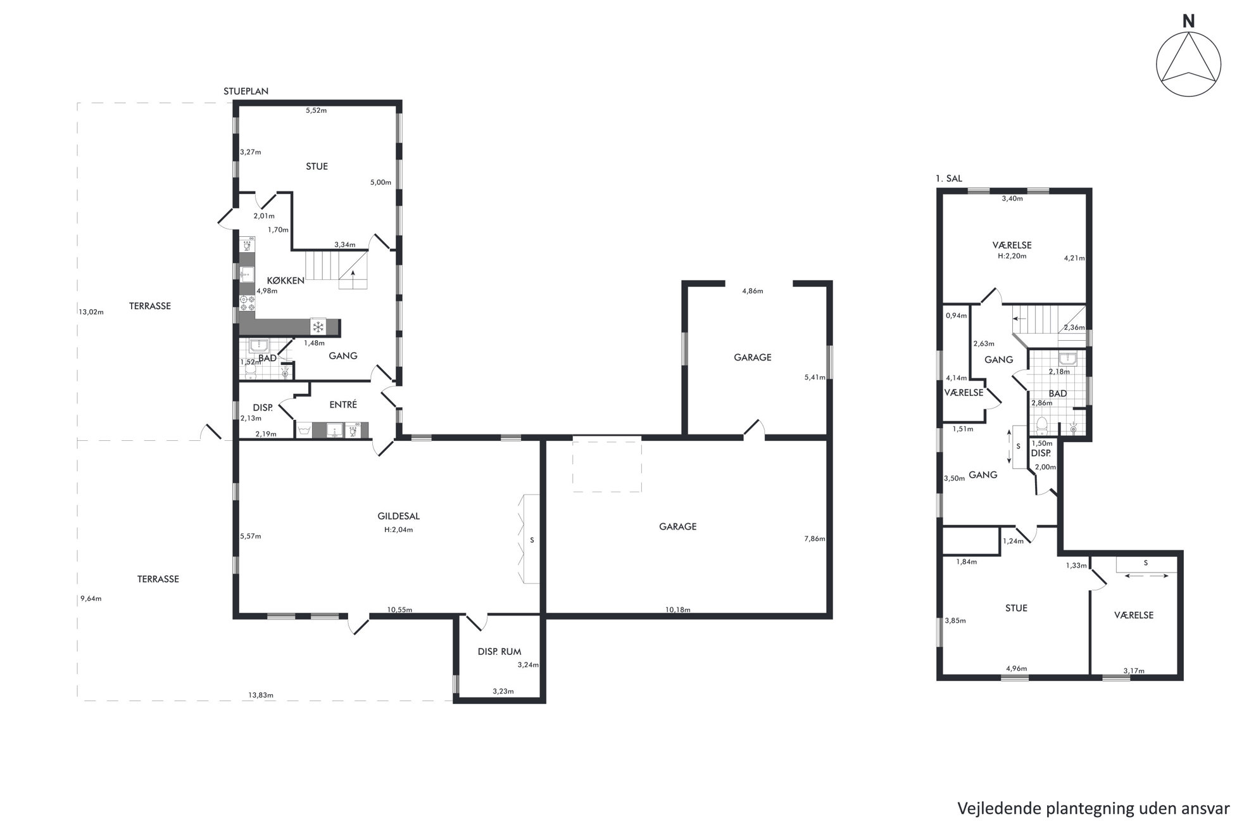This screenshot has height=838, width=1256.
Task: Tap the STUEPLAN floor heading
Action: click(x=246, y=91)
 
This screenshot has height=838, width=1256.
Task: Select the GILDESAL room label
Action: click(x=399, y=516)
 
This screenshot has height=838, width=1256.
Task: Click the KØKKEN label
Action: click(x=286, y=281)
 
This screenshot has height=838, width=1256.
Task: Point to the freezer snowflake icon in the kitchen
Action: click(x=318, y=327)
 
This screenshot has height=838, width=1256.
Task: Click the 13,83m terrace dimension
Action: click(x=261, y=695)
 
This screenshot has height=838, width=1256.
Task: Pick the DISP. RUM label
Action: click(x=499, y=651)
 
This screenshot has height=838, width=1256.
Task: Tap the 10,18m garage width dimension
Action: click(x=677, y=610)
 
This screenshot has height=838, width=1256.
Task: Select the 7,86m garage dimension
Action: click(x=814, y=539)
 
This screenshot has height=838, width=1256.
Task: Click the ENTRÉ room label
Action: click(x=343, y=405)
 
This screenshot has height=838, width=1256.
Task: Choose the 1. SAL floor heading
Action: click(x=948, y=179)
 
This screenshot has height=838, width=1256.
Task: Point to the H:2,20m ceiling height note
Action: click(x=1012, y=256)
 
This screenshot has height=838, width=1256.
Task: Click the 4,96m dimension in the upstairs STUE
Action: click(x=1016, y=668)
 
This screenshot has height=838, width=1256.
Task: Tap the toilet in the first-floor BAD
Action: click(x=1042, y=424)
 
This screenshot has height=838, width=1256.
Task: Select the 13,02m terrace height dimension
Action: click(x=91, y=312)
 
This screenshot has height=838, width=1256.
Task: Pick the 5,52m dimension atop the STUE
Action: click(x=316, y=110)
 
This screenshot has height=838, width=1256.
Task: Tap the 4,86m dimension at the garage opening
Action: click(x=752, y=291)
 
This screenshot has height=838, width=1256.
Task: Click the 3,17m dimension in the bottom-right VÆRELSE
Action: click(x=1133, y=671)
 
